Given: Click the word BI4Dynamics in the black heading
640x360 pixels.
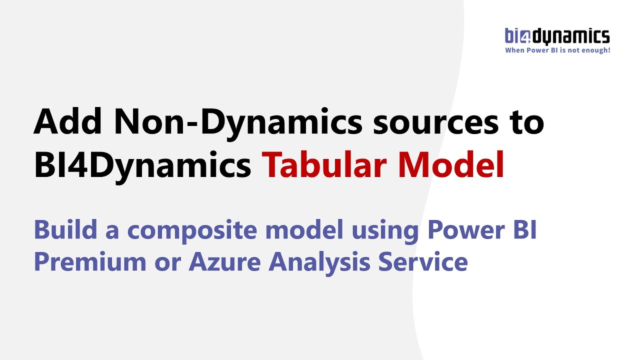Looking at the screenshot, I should (x=142, y=167).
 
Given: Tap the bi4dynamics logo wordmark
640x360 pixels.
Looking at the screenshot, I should (x=556, y=36).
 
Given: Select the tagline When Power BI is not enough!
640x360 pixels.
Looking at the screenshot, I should (x=557, y=50).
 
